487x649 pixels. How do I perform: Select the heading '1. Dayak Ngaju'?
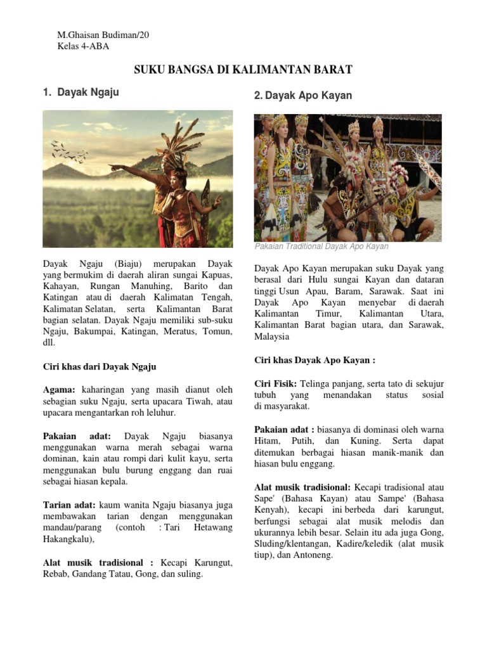point(81,93)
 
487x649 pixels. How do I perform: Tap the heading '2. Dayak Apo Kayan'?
point(303,96)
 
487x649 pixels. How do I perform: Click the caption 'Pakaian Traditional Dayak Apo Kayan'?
point(321,247)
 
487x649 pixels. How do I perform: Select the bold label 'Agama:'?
point(60,389)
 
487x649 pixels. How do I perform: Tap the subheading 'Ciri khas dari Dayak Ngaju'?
point(100,366)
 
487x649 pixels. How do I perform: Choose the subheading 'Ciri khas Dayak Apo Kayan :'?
point(315,360)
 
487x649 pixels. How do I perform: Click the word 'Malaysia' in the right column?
point(272,337)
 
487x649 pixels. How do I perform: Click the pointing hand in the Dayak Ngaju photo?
point(114,167)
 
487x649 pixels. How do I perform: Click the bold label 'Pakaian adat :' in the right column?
point(283,428)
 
